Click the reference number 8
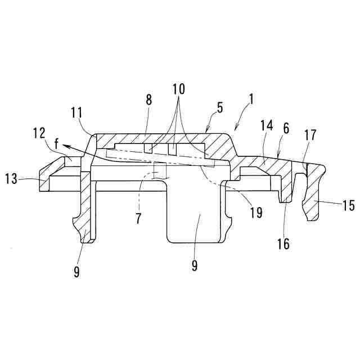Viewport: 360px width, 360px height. click(x=148, y=101)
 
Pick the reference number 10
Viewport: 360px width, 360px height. click(x=178, y=89)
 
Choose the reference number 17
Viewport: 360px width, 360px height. click(x=310, y=136)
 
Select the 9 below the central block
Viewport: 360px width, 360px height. click(x=194, y=265)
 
